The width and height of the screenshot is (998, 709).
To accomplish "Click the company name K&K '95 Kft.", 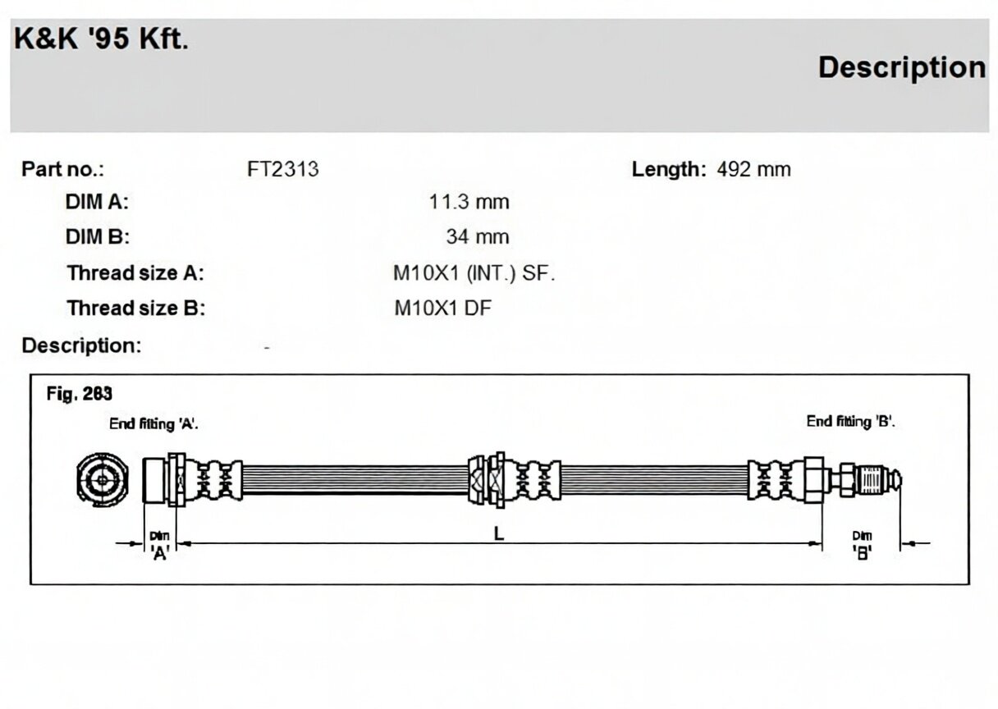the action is pos(101,39).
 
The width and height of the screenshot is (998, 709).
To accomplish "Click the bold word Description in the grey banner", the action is pos(902,67).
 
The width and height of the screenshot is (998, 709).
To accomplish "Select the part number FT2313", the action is pos(283,169).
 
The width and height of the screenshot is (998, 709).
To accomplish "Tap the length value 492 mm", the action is pos(754,169).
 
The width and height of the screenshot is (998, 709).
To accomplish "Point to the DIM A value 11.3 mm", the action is pos(469,202).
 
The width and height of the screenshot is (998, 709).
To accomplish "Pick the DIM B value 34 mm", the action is pos(478,236).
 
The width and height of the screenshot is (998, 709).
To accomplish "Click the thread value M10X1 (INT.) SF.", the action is pos(474,273).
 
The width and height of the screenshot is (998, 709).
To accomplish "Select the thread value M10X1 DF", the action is pos(443,309).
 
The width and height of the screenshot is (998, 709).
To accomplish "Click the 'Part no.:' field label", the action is pos(63,169).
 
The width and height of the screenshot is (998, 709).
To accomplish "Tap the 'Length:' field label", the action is pos(669,170).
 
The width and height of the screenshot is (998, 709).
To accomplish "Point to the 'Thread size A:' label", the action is pos(135,273).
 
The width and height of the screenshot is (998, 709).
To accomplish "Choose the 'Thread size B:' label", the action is pos(136,309).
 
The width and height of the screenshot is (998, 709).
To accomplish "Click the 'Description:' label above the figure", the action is pos(81,345).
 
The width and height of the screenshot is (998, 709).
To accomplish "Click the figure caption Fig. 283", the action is pos(80,394).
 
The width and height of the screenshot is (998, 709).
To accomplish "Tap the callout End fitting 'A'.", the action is pos(153,423).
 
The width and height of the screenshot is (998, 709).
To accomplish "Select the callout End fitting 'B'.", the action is pos(850,421).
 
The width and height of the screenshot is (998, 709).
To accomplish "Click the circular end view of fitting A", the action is pos(103,480).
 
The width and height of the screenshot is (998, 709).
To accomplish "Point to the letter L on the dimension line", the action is pos(499,533).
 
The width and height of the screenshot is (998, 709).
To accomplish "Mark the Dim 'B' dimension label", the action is pos(862,545).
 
